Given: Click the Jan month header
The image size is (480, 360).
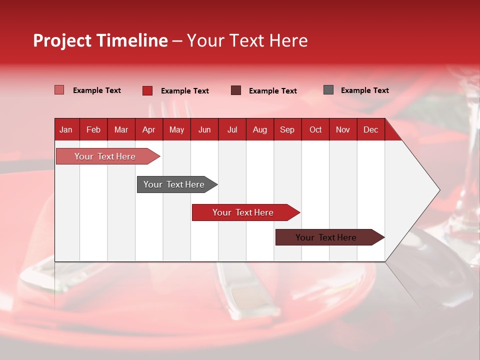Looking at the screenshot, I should (66, 129).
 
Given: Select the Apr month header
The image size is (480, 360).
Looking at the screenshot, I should (148, 129).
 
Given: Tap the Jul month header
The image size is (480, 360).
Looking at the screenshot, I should (232, 129).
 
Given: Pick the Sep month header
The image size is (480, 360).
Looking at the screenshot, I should (287, 129).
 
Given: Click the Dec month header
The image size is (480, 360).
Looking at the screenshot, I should (370, 129).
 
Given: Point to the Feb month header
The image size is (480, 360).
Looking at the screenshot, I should (93, 129).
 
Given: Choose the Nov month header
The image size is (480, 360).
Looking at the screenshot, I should (342, 129).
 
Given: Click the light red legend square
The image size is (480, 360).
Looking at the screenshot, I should (59, 90).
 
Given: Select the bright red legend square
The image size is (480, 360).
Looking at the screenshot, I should (147, 90).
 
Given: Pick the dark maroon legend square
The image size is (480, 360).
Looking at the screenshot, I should (235, 90).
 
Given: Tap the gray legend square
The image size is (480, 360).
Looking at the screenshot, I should (328, 90).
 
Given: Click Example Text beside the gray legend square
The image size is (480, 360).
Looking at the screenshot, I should (364, 90).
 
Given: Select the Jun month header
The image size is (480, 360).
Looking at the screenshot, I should (204, 129).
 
